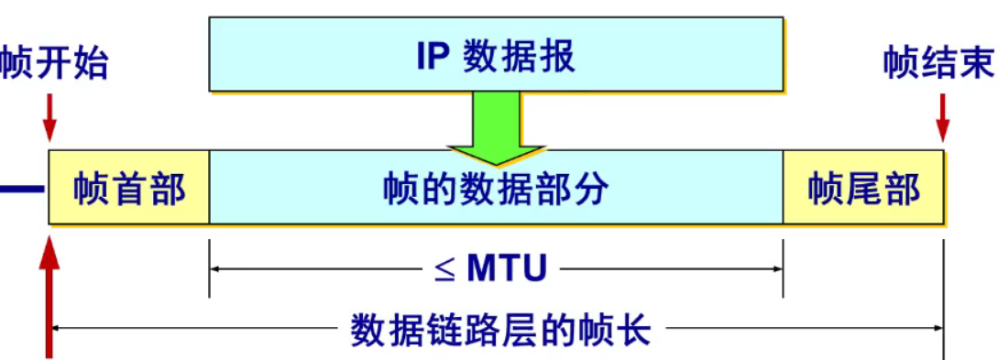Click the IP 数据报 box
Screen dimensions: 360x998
click(x=495, y=55)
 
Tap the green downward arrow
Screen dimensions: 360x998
click(x=495, y=128)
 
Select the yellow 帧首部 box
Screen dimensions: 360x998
click(x=129, y=189)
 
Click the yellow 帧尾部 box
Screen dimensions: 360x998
click(x=863, y=189)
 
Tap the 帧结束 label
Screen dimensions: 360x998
click(x=938, y=64)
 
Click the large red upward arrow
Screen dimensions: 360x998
click(x=49, y=293)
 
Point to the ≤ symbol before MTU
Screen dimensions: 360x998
click(x=444, y=269)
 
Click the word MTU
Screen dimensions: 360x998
click(x=507, y=268)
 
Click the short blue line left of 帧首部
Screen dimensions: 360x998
click(x=21, y=189)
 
